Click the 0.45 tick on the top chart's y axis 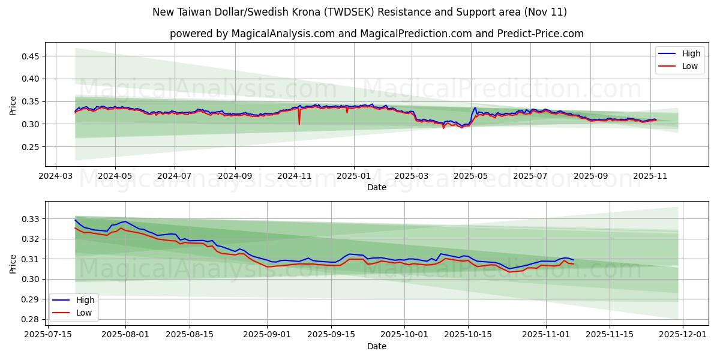tap(31, 56)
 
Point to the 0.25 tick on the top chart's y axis tap(31, 147)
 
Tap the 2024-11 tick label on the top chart tap(294, 176)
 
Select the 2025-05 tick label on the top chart tap(471, 176)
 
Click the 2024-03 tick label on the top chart tap(56, 176)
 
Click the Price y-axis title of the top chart tap(13, 104)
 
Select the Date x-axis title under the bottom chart tap(377, 346)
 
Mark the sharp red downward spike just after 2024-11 tap(299, 124)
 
